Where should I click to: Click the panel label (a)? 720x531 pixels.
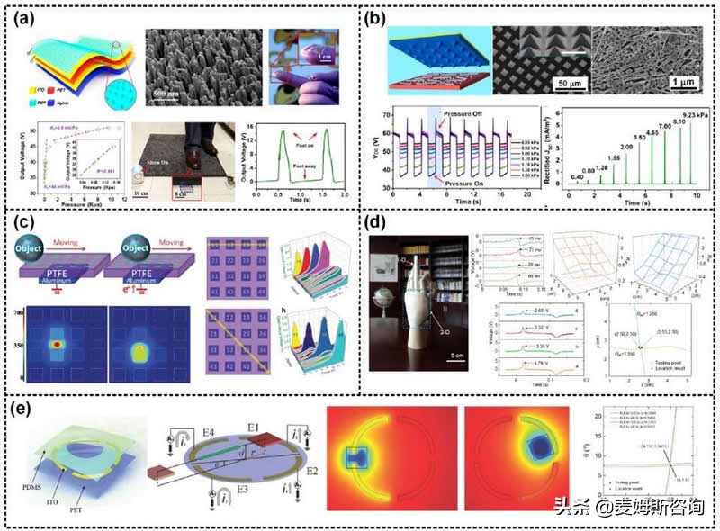28,20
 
